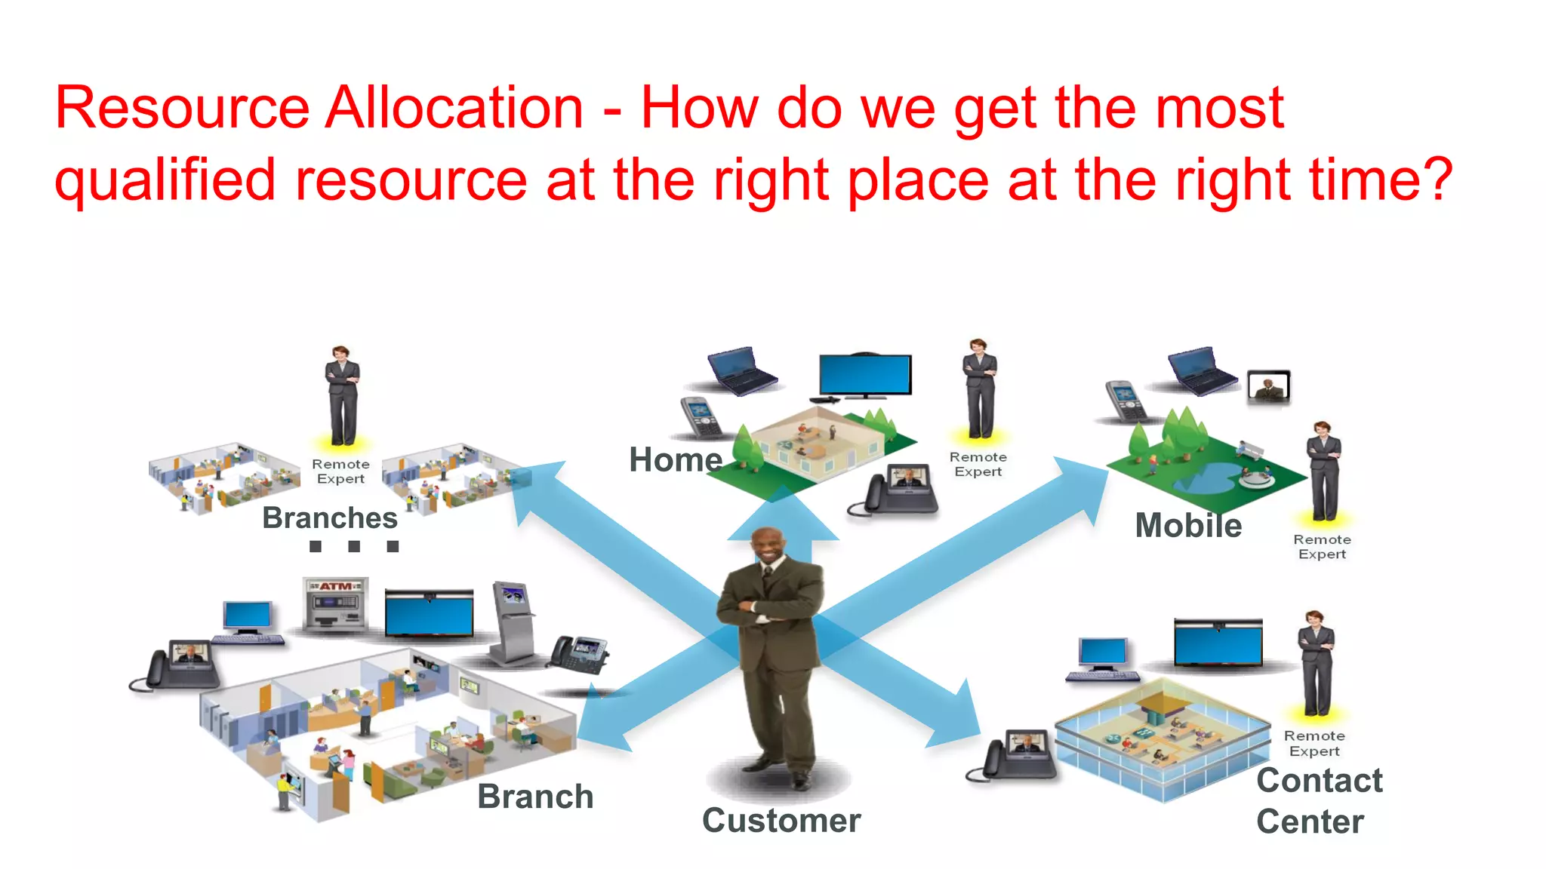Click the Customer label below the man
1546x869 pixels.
tap(781, 820)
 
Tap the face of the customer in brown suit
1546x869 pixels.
tap(769, 549)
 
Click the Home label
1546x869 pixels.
tap(676, 459)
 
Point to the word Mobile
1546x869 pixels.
tap(1188, 525)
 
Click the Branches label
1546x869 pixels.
tap(330, 517)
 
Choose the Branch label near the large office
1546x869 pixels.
tap(535, 797)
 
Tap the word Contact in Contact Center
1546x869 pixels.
tap(1320, 780)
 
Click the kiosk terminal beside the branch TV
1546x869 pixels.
tap(513, 622)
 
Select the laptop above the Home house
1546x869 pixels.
tap(741, 370)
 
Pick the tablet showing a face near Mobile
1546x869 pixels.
tap(1268, 386)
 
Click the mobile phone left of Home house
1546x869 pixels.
tap(700, 417)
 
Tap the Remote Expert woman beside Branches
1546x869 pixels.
tap(342, 396)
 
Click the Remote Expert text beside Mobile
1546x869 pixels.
tap(1322, 547)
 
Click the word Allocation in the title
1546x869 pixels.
tap(454, 108)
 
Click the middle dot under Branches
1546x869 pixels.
tap(354, 546)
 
